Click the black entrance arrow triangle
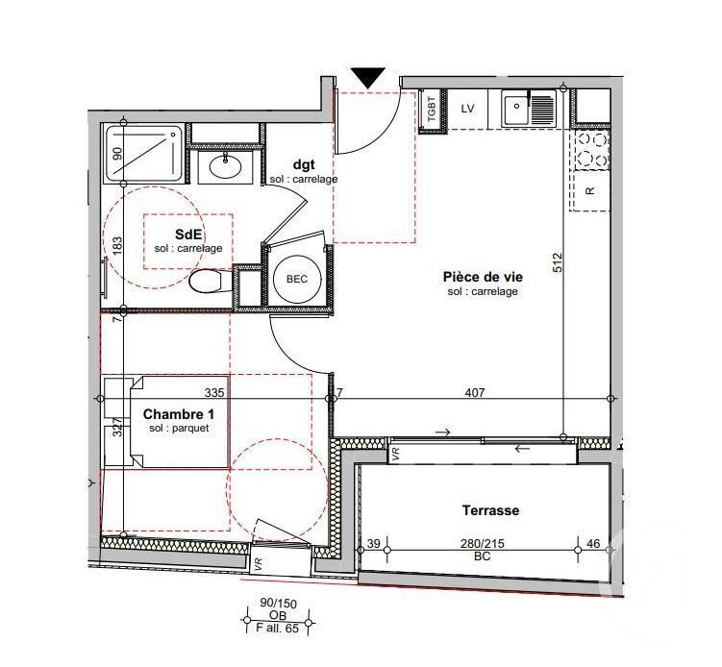point(368,77)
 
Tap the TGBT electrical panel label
point(432,110)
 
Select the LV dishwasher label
point(467,109)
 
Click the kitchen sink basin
point(515,110)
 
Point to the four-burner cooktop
point(592,149)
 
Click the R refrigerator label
point(590,190)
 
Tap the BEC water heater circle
point(297,279)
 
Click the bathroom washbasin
point(225,166)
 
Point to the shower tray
point(143,153)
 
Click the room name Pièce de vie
point(483,277)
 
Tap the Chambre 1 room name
point(179,414)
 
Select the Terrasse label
point(491,510)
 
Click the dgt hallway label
point(304,164)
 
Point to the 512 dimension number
point(558,262)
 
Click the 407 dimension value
point(475,392)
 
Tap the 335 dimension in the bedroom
point(214,392)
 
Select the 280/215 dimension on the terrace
point(483,544)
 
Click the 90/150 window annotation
point(278,603)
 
